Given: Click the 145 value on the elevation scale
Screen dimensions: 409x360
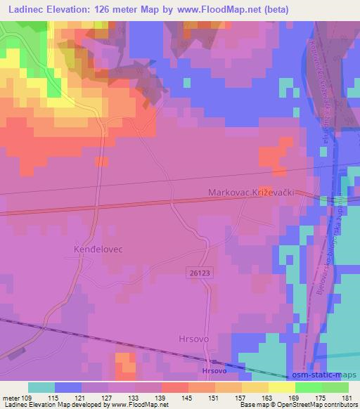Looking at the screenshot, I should pyautogui.click(x=187, y=398).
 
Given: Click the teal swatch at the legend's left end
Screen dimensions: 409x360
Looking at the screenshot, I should pyautogui.click(x=41, y=387).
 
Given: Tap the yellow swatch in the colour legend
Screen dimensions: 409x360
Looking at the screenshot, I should pyautogui.click(x=282, y=387).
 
